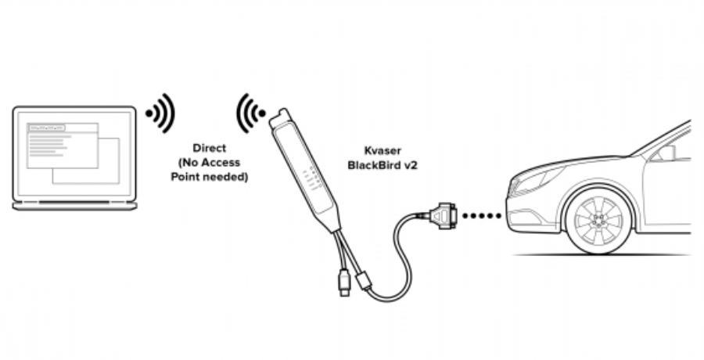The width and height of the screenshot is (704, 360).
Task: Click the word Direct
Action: tap(209, 148)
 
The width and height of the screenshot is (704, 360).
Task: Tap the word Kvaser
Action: tap(383, 150)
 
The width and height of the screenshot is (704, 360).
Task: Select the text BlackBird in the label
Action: tap(372, 165)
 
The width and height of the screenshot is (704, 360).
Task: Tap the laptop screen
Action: tap(74, 153)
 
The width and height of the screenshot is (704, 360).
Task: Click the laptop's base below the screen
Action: tap(74, 206)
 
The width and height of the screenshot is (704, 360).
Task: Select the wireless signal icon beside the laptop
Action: tap(160, 113)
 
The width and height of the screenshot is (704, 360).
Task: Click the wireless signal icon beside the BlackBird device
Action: tap(251, 113)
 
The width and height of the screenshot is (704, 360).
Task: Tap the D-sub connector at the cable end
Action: tap(444, 216)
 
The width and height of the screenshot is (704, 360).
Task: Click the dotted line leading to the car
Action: tap(482, 216)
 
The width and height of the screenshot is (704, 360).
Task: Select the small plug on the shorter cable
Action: tap(344, 283)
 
